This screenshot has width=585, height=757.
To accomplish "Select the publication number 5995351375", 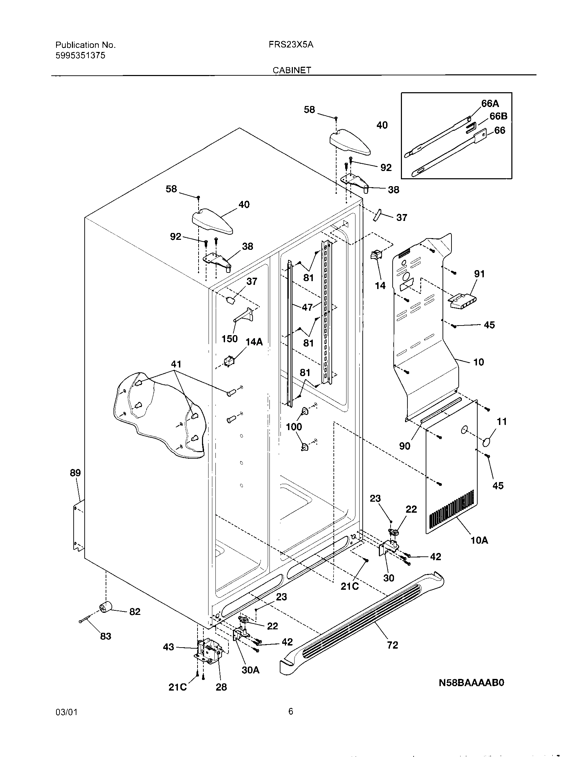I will point(80,55).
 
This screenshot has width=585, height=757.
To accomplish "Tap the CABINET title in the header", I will point(292,70).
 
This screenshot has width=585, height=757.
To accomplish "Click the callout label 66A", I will point(490,103).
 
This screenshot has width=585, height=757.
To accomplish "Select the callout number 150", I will point(230,339).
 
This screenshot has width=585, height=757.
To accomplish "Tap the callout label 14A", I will point(254,342).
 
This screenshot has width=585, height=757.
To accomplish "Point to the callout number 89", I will point(75,473).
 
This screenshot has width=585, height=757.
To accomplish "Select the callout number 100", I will point(294,427).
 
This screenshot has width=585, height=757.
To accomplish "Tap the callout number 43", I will point(168,647).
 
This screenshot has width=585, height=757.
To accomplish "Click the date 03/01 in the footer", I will point(66,712).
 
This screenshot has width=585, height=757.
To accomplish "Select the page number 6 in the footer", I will point(290,711).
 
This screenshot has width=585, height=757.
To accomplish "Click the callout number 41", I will point(176,364).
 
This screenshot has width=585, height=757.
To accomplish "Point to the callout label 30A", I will point(251,670).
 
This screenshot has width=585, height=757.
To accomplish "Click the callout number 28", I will point(221,687).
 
